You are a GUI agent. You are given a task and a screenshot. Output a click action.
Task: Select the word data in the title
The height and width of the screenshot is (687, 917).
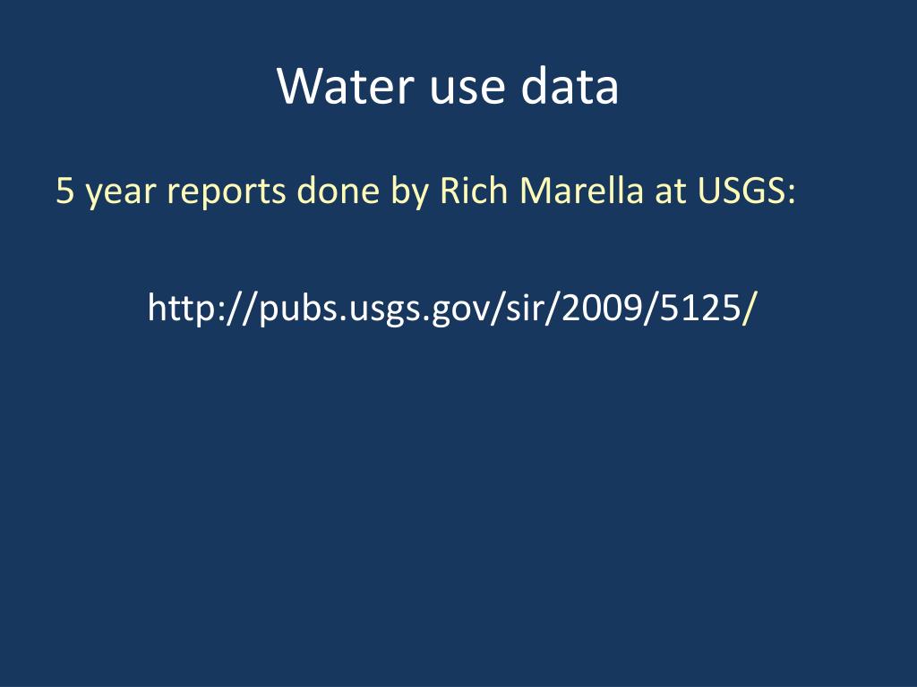click(x=570, y=87)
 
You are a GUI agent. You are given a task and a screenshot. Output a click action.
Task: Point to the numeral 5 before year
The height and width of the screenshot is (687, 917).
click(x=64, y=191)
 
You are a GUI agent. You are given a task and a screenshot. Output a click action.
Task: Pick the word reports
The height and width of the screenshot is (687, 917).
click(x=227, y=192)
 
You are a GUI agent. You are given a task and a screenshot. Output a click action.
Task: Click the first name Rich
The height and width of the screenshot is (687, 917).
click(x=473, y=191)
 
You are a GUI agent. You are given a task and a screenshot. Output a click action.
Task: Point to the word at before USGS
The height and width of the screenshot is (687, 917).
click(x=670, y=191)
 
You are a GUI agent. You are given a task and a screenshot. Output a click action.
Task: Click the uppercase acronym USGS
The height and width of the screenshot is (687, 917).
click(x=744, y=191)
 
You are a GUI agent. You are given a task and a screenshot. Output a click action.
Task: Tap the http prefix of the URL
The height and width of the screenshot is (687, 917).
click(x=178, y=309)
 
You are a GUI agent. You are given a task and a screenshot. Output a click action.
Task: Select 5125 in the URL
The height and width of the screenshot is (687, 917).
click(x=692, y=309)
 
